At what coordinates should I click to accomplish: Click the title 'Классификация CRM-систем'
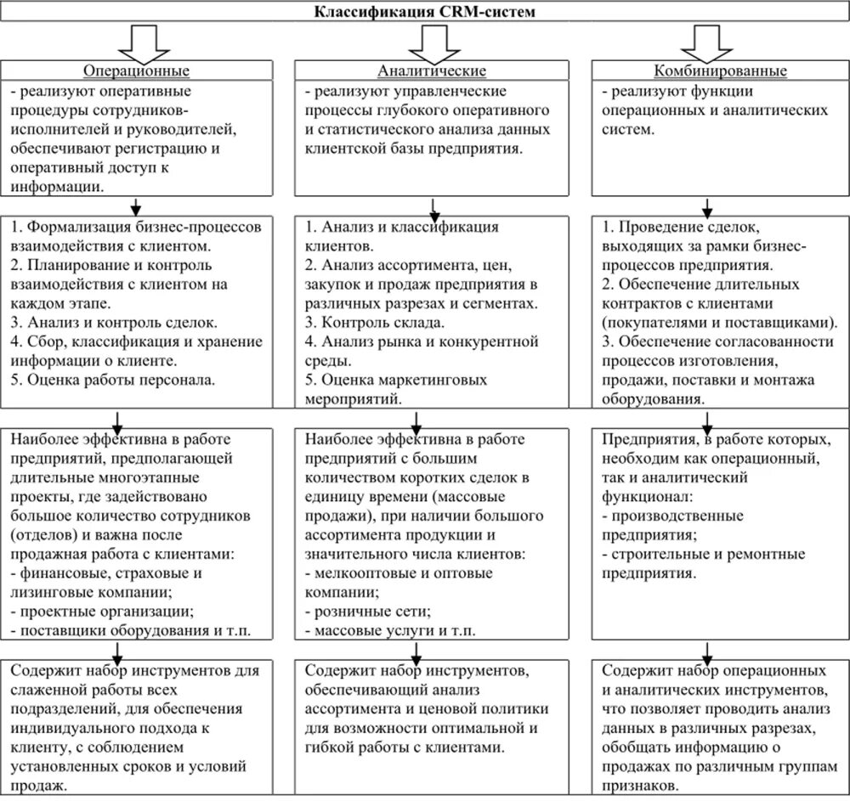425,12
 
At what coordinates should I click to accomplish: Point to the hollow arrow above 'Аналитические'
433,41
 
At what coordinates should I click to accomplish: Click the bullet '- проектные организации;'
99,611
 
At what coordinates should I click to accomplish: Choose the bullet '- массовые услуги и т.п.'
383,630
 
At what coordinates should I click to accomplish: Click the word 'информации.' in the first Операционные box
59,187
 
